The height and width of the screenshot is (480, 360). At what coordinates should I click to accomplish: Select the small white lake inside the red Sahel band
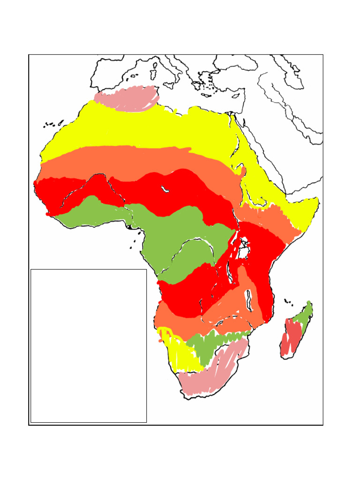[165, 189]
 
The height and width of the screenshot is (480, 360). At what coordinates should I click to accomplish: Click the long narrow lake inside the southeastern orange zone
[250, 300]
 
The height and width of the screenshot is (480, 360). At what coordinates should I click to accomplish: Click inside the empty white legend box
[88, 345]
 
